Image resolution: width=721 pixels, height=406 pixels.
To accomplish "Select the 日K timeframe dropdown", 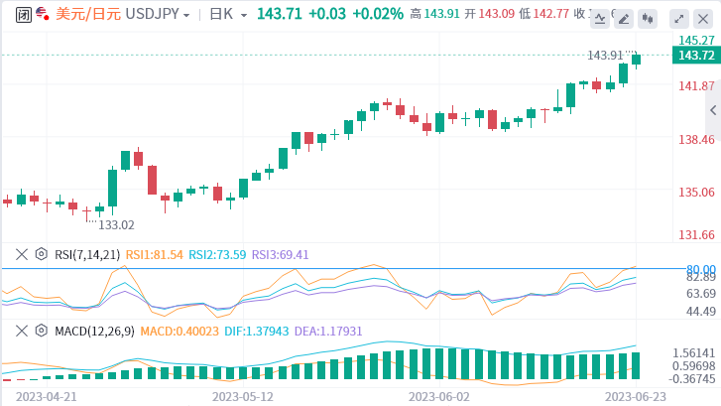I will pyautogui.click(x=225, y=14).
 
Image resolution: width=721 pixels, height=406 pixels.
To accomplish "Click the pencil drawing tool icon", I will pyautogui.click(x=600, y=17).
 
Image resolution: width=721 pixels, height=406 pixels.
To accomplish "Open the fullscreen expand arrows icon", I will pyautogui.click(x=678, y=18).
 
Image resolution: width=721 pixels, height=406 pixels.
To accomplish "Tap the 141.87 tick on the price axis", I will pyautogui.click(x=698, y=86).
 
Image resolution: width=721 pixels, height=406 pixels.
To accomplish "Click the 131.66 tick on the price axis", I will pyautogui.click(x=698, y=235).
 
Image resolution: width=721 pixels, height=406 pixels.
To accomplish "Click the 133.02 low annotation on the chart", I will pyautogui.click(x=115, y=225).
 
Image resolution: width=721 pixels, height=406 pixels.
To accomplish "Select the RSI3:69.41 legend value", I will pyautogui.click(x=281, y=254).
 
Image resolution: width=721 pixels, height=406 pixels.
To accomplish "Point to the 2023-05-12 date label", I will pyautogui.click(x=242, y=394).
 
